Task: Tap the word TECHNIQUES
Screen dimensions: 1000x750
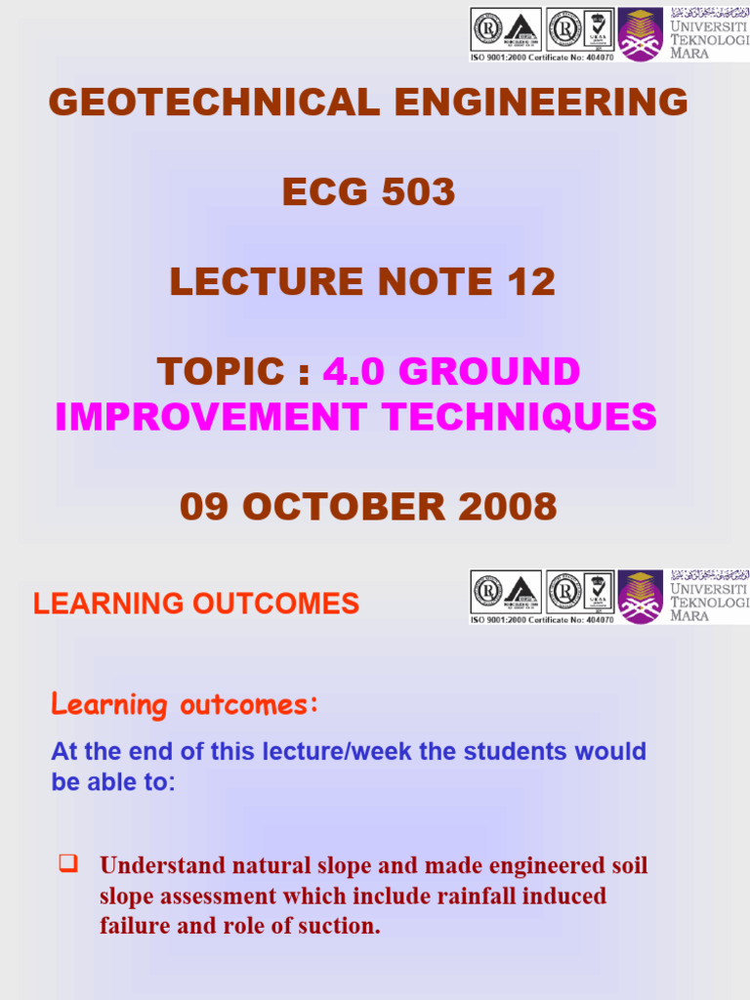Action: [x=521, y=417]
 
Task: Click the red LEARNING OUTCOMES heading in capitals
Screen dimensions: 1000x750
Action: [x=196, y=604]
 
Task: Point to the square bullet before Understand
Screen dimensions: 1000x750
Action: [x=67, y=863]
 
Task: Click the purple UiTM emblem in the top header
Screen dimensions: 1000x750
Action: [x=642, y=34]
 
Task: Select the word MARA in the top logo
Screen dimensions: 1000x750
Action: [x=689, y=54]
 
